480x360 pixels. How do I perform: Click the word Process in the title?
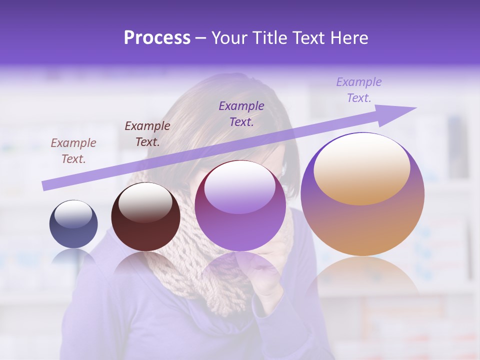point(157,38)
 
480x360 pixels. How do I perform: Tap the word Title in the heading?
point(270,38)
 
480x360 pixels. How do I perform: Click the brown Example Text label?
point(73,151)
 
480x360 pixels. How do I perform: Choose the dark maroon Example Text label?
point(147,134)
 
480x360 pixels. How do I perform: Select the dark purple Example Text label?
point(241,113)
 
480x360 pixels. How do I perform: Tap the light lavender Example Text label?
point(358,90)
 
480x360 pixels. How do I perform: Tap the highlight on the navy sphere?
point(73,214)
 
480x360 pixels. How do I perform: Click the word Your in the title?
point(230,38)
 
